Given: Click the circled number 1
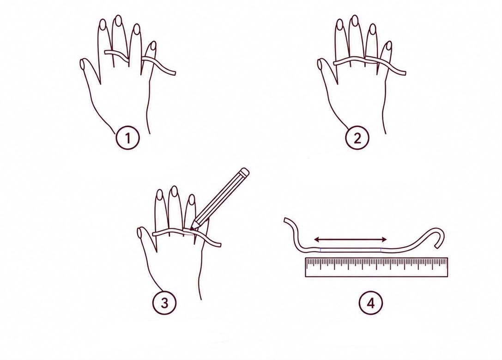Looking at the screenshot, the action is (127, 138).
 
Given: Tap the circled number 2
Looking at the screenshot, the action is (357, 138).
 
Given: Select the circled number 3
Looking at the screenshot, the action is (164, 302).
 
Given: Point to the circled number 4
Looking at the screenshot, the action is (371, 303).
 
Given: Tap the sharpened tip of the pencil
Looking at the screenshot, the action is (192, 228).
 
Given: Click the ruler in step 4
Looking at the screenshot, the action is (376, 267).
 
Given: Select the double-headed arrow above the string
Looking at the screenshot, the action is (351, 239).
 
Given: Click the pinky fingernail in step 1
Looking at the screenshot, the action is (153, 46).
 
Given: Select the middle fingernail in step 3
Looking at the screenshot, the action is (174, 191).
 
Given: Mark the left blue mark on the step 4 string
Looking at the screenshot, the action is (321, 250).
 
